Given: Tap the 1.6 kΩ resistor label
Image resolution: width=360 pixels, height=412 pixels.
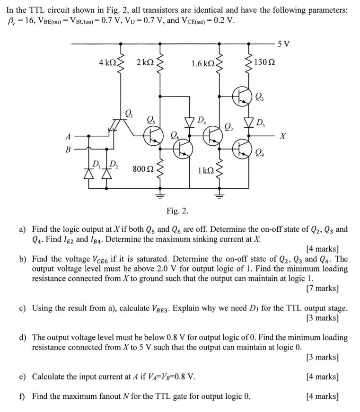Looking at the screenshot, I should click(x=202, y=63).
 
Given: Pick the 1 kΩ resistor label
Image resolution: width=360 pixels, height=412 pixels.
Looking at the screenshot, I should click(x=205, y=169).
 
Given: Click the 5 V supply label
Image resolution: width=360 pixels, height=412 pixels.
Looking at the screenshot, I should click(x=284, y=44).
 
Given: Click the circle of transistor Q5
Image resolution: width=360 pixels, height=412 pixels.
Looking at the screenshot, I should click(x=153, y=135).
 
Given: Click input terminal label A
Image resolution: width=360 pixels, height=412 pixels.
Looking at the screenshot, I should click(x=68, y=136).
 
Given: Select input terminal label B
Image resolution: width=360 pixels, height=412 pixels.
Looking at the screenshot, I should click(x=68, y=149).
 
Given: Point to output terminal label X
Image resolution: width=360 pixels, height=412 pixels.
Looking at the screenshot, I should click(x=282, y=136).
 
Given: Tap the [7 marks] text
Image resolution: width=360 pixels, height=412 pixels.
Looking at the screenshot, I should click(x=322, y=288).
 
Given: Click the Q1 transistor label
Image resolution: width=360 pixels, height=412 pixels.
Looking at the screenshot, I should click(x=129, y=113).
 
